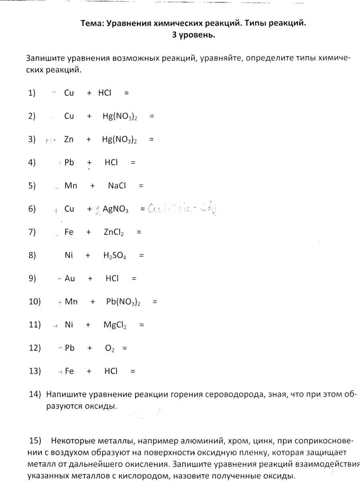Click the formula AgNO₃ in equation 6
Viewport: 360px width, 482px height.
[115, 209]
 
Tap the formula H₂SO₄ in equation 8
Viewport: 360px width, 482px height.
[115, 255]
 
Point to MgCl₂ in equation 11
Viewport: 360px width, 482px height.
[115, 325]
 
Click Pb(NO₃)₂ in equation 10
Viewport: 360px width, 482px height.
[123, 302]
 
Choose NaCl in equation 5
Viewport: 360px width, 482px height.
[117, 186]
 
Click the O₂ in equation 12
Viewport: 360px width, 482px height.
[110, 349]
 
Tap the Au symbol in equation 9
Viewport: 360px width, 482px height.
[70, 279]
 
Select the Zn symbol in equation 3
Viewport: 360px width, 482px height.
[69, 139]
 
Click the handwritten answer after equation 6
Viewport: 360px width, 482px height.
[183, 208]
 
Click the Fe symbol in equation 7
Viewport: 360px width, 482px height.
[69, 232]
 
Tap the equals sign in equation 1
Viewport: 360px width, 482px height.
[127, 93]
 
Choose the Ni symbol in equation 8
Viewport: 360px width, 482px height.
[69, 255]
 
